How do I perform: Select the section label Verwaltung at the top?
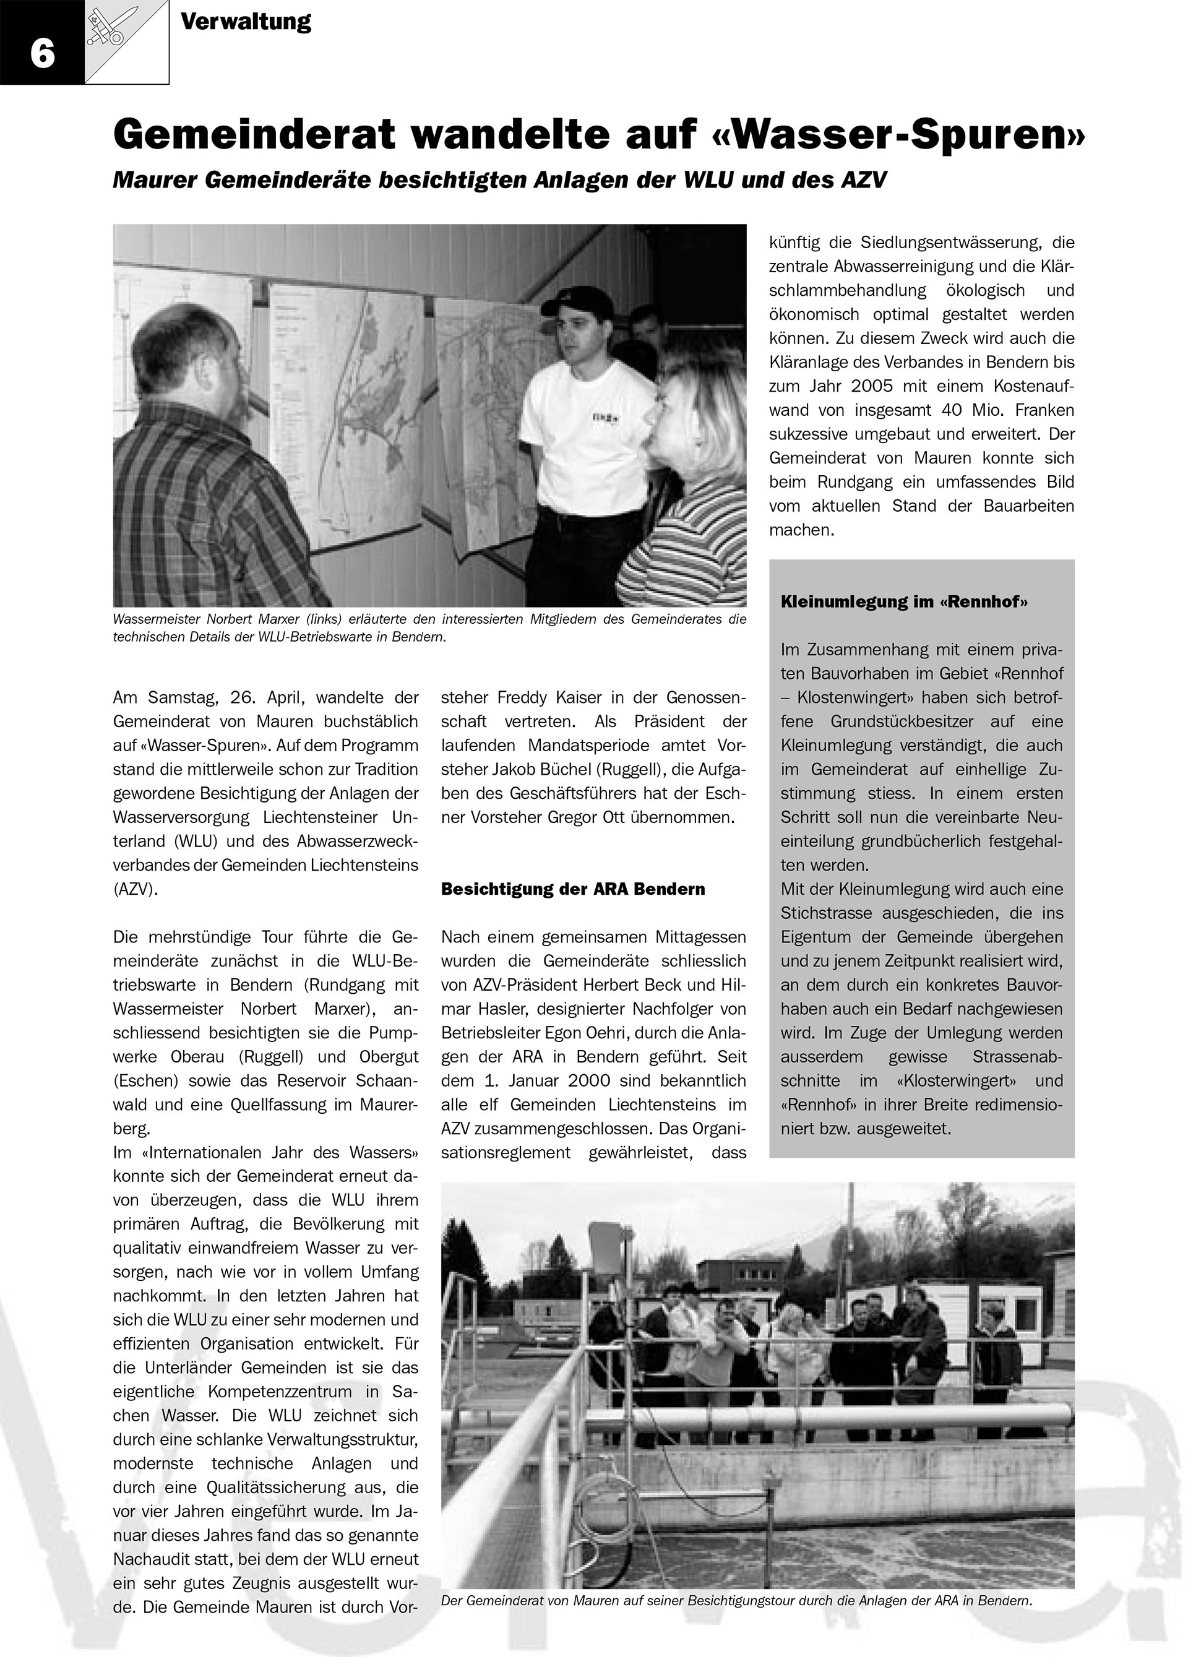pyautogui.click(x=246, y=22)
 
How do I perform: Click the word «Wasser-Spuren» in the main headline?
pyautogui.click(x=898, y=136)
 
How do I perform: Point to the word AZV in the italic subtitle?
pyautogui.click(x=863, y=181)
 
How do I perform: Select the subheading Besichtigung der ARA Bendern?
pyautogui.click(x=573, y=890)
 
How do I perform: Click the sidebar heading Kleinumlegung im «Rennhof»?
pyautogui.click(x=904, y=602)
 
